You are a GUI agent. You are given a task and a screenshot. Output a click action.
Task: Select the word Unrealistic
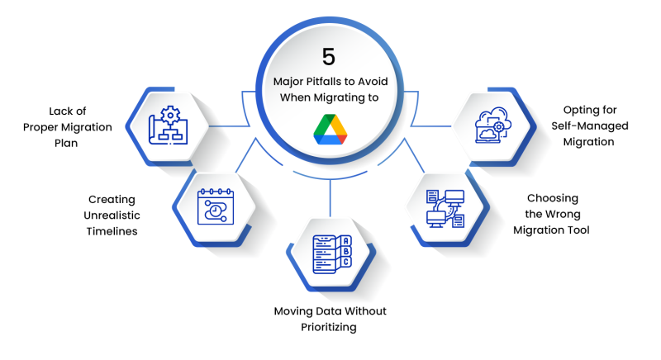coord(112,216)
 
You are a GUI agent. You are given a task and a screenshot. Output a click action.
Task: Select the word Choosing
coord(552,198)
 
